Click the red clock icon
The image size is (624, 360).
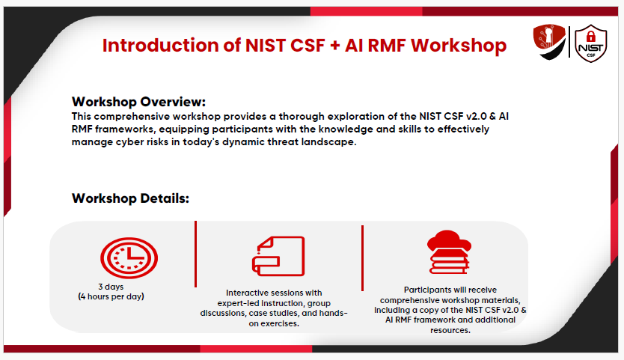pos(129,257)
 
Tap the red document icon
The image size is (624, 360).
pos(278,256)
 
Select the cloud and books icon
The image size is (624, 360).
pos(449,252)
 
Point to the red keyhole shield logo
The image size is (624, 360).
pos(549,42)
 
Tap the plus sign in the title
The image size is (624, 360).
pos(334,46)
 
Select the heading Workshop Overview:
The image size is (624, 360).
pos(138,102)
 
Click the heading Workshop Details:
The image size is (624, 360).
pos(130,198)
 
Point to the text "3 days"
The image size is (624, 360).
pos(111,287)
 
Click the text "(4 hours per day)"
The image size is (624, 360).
pos(111,296)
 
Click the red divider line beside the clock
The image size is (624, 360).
pos(196,254)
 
